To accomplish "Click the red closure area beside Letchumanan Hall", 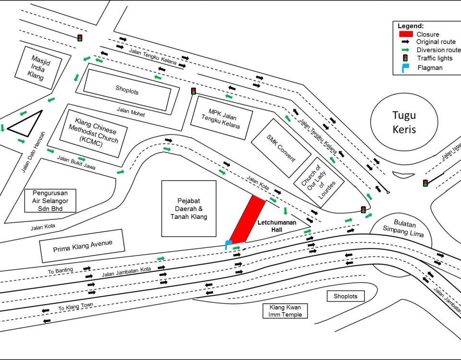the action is pyautogui.click(x=248, y=219).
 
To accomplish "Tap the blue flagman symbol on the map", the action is pyautogui.click(x=228, y=244).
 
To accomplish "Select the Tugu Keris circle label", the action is pyautogui.click(x=404, y=122).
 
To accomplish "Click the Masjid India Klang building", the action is pyautogui.click(x=38, y=68).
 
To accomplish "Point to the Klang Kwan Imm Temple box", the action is pyautogui.click(x=285, y=311).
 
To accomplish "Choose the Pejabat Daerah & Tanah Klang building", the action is pyautogui.click(x=189, y=209).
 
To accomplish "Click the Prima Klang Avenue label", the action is pyautogui.click(x=82, y=246).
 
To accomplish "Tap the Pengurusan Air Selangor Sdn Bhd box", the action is pyautogui.click(x=50, y=201).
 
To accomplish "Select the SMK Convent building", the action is pyautogui.click(x=281, y=148).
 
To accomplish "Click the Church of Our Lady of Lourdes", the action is pyautogui.click(x=319, y=182).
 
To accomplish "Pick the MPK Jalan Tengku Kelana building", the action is pyautogui.click(x=221, y=118).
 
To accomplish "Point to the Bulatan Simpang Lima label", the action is pyautogui.click(x=404, y=228).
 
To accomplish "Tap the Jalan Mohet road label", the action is pyautogui.click(x=131, y=112).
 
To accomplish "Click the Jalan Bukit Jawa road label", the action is pyautogui.click(x=76, y=163).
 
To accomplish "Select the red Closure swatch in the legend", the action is pyautogui.click(x=406, y=34).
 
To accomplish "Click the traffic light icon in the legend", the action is pyautogui.click(x=405, y=58).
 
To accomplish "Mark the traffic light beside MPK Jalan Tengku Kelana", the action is pyautogui.click(x=194, y=91).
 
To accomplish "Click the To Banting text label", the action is pyautogui.click(x=61, y=271).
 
